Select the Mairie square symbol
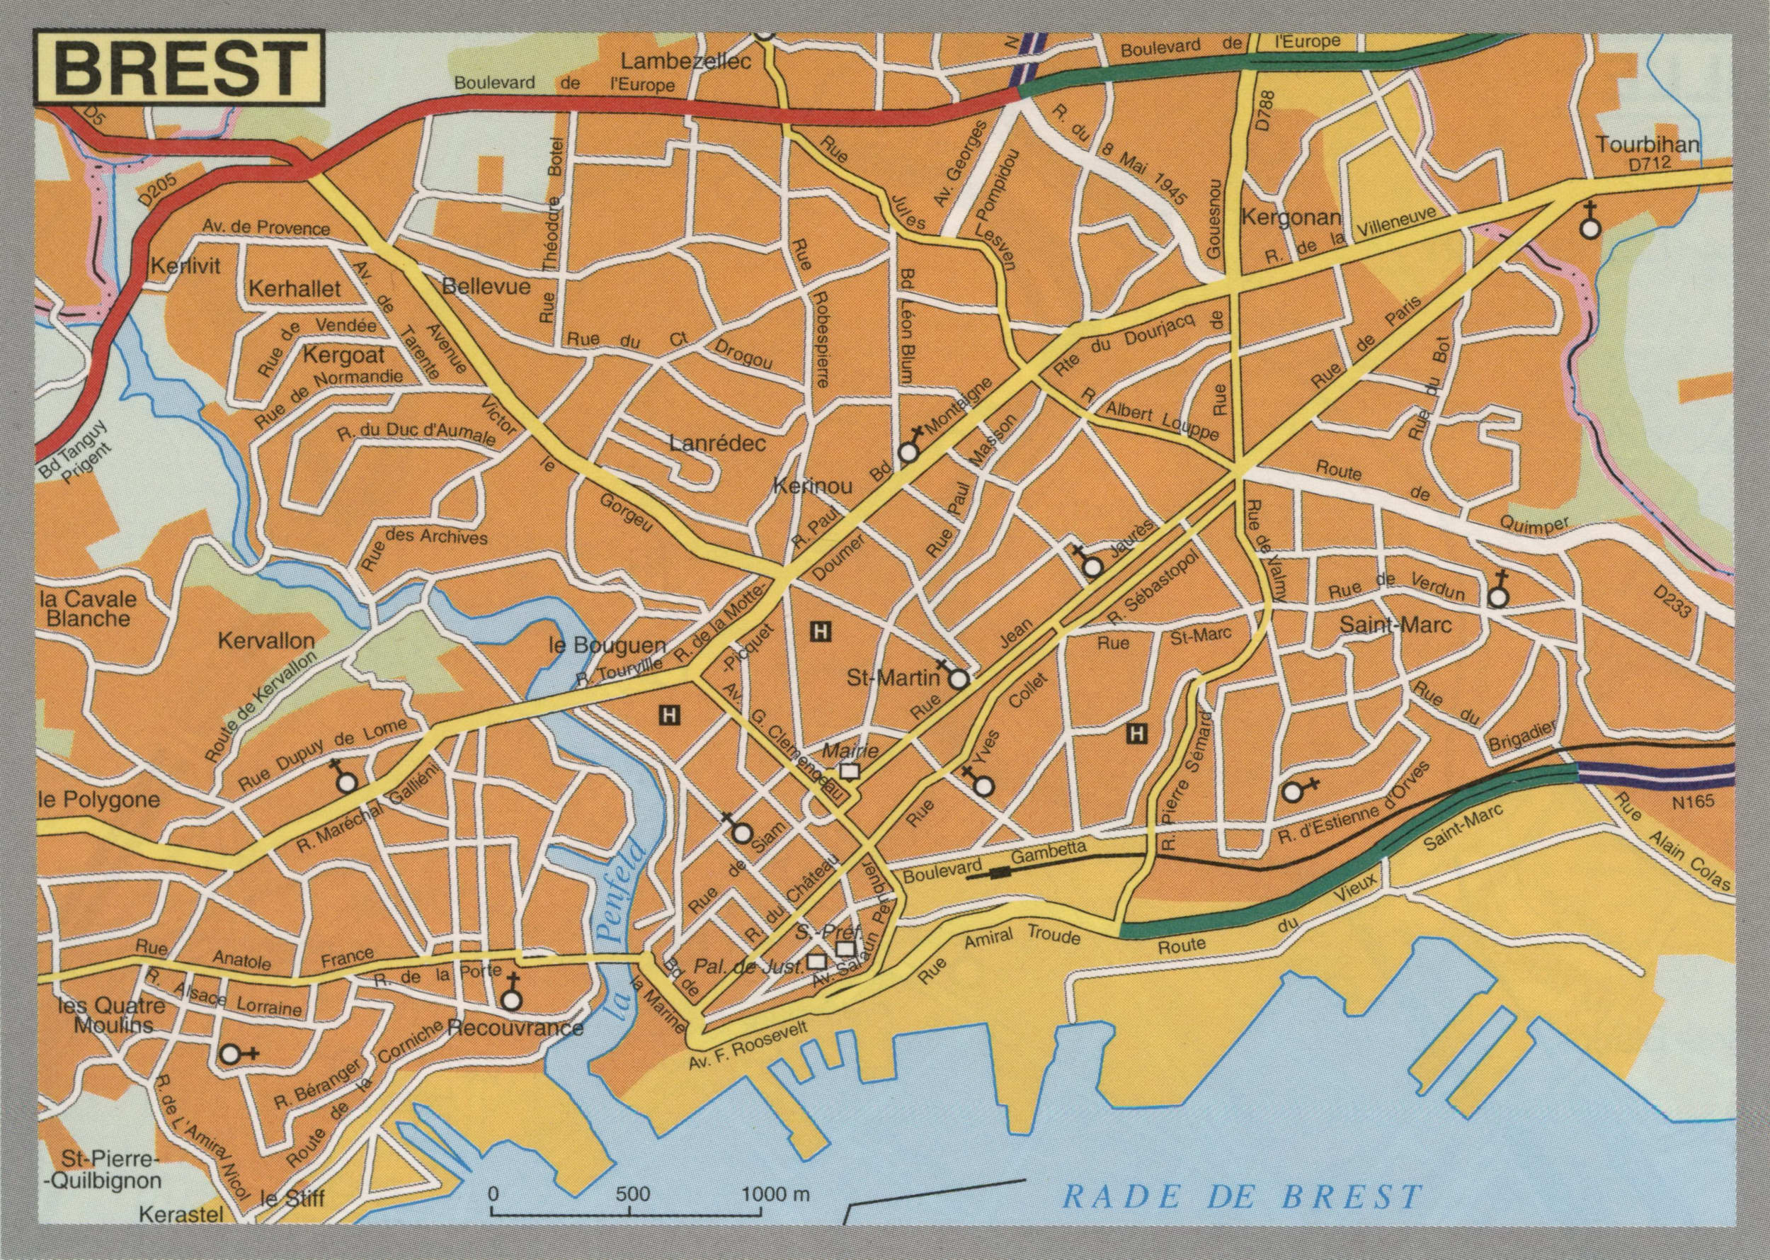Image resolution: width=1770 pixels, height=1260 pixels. pos(850,771)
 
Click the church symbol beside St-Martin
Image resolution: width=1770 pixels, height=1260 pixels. pos(958,680)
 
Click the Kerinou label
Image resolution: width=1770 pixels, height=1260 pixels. pos(812,487)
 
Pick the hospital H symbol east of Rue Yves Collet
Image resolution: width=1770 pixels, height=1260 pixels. pos(1137,732)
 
